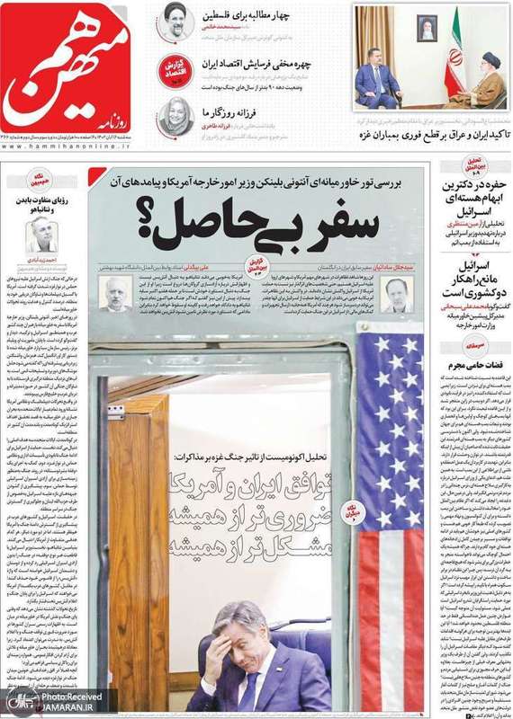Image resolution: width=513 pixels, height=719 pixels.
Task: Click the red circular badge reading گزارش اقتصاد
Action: [175, 70]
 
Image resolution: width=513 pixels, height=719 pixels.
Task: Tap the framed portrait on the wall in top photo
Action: [427, 27]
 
